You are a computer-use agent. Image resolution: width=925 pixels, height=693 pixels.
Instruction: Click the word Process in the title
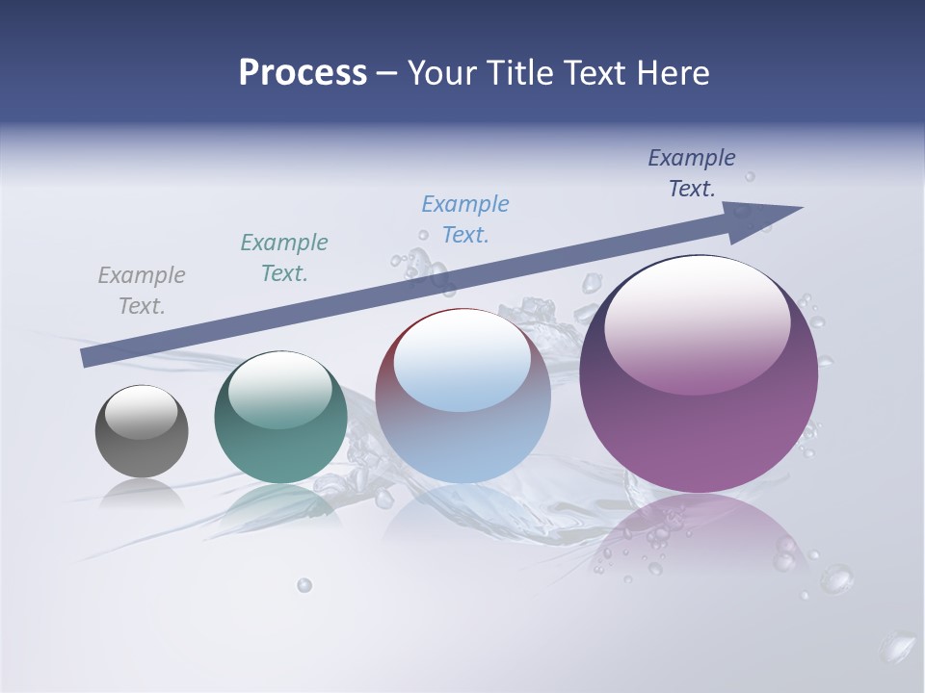[x=303, y=73]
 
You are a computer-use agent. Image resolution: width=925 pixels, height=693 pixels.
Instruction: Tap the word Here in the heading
[x=673, y=73]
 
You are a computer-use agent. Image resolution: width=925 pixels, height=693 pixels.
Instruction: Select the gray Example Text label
[x=142, y=291]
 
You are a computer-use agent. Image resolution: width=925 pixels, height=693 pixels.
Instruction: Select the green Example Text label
[x=284, y=258]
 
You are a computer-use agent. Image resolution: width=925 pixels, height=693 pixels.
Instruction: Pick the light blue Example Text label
[x=465, y=219]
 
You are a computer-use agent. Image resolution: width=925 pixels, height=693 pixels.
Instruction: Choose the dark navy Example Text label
[x=692, y=173]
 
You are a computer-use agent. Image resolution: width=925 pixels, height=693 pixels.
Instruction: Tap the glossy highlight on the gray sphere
[x=142, y=411]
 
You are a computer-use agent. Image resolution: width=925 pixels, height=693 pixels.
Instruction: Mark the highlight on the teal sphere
[x=280, y=389]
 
